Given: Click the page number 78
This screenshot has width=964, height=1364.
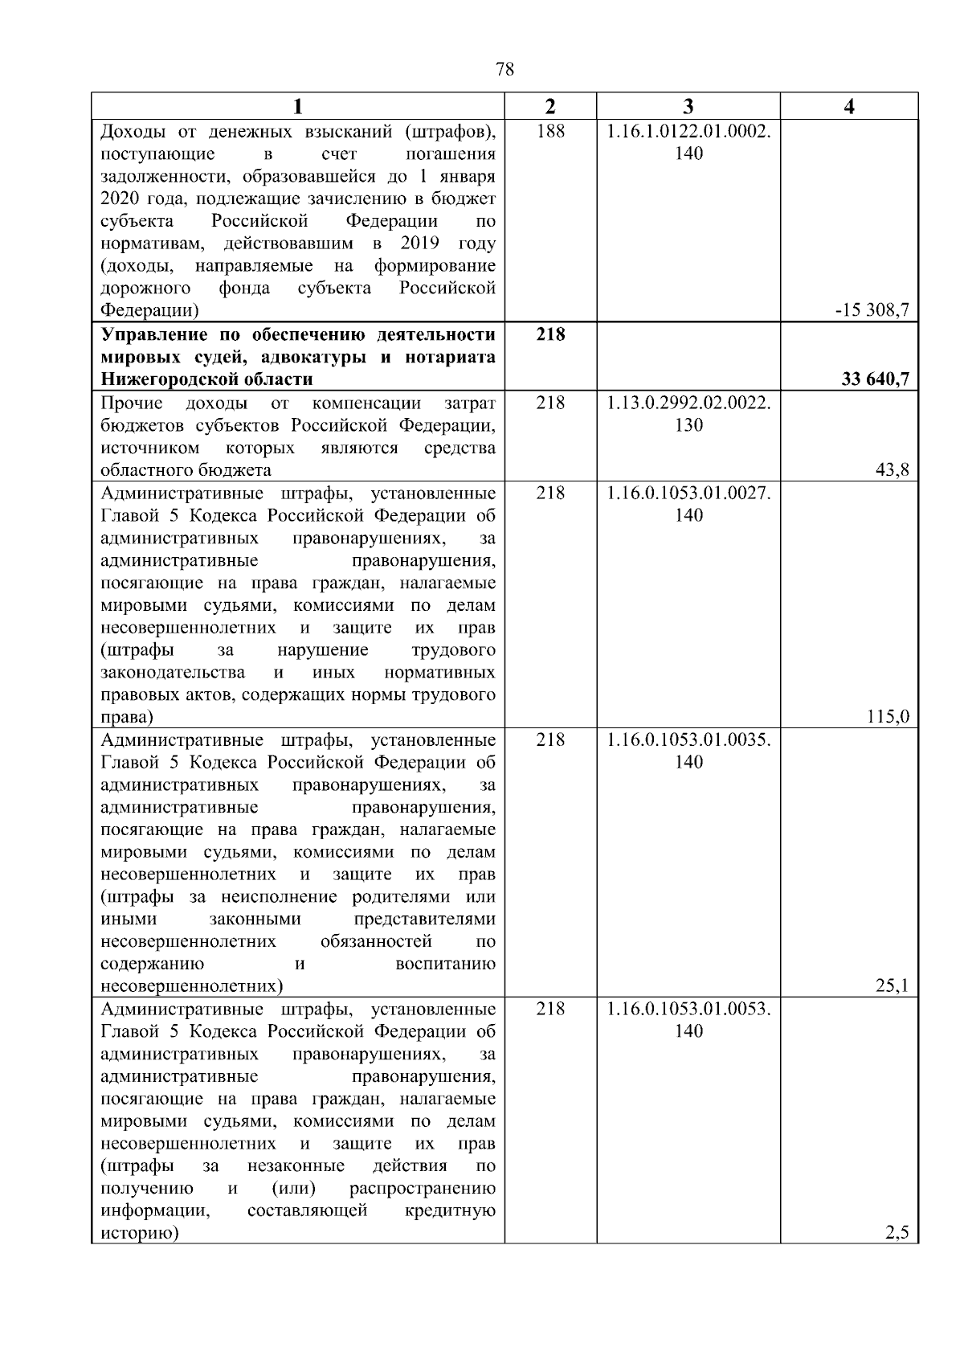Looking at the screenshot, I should [x=505, y=70].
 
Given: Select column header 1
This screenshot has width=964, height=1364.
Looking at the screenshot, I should [x=298, y=107].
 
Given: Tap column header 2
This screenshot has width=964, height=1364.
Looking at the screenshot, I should [x=550, y=107].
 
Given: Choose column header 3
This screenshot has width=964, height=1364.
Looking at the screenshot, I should [x=688, y=107].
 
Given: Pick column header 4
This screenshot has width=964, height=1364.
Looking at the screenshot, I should [x=849, y=107].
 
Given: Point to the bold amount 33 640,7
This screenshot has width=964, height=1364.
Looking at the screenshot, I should [x=875, y=379].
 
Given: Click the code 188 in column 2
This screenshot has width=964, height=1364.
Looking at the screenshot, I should [x=550, y=131].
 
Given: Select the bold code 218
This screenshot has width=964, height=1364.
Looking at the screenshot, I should [x=550, y=334].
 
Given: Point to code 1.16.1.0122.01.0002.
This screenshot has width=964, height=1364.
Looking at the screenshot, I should [x=688, y=131].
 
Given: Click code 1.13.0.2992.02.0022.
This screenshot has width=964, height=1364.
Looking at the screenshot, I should [x=688, y=403].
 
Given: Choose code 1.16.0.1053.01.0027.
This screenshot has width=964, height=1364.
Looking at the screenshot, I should [x=688, y=493].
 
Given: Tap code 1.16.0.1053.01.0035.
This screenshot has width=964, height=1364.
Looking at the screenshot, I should [x=688, y=739].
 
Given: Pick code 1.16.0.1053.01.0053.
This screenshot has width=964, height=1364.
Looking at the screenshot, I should [x=688, y=1009].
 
